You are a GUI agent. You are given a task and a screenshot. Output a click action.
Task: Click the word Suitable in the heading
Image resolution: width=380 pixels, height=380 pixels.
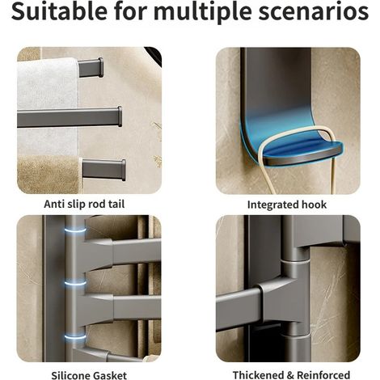(59, 11)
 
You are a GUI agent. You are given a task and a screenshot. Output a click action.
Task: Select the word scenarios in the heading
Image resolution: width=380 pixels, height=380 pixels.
(313, 12)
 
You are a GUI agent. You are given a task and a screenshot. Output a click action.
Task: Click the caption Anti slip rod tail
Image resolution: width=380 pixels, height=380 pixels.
(84, 204)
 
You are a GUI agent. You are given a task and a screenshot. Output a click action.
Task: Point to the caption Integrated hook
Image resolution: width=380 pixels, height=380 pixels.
(287, 205)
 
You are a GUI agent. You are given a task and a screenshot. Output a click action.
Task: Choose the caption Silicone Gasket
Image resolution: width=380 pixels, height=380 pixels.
(89, 375)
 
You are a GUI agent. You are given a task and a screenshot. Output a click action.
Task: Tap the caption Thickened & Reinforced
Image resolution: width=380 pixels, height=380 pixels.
(291, 375)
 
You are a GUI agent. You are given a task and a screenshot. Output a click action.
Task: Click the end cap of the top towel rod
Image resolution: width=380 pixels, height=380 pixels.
(101, 67)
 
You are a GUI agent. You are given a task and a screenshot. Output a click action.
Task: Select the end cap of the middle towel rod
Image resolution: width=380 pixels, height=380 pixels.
(120, 116)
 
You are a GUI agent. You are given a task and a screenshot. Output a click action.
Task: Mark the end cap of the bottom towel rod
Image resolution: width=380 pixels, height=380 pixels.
(123, 170)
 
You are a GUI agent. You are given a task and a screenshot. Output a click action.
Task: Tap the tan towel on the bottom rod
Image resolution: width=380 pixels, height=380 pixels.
(50, 175)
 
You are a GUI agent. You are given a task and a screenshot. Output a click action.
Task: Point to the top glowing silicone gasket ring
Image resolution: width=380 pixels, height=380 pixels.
(75, 230)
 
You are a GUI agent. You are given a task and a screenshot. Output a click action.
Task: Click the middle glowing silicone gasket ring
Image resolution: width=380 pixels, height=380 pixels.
(75, 283)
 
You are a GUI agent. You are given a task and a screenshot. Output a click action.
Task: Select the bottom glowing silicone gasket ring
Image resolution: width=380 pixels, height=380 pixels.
(75, 336)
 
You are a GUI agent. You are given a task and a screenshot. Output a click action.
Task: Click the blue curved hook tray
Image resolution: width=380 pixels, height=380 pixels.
(291, 146)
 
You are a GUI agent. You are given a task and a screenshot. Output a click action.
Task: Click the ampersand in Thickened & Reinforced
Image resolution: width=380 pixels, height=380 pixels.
(291, 375)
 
